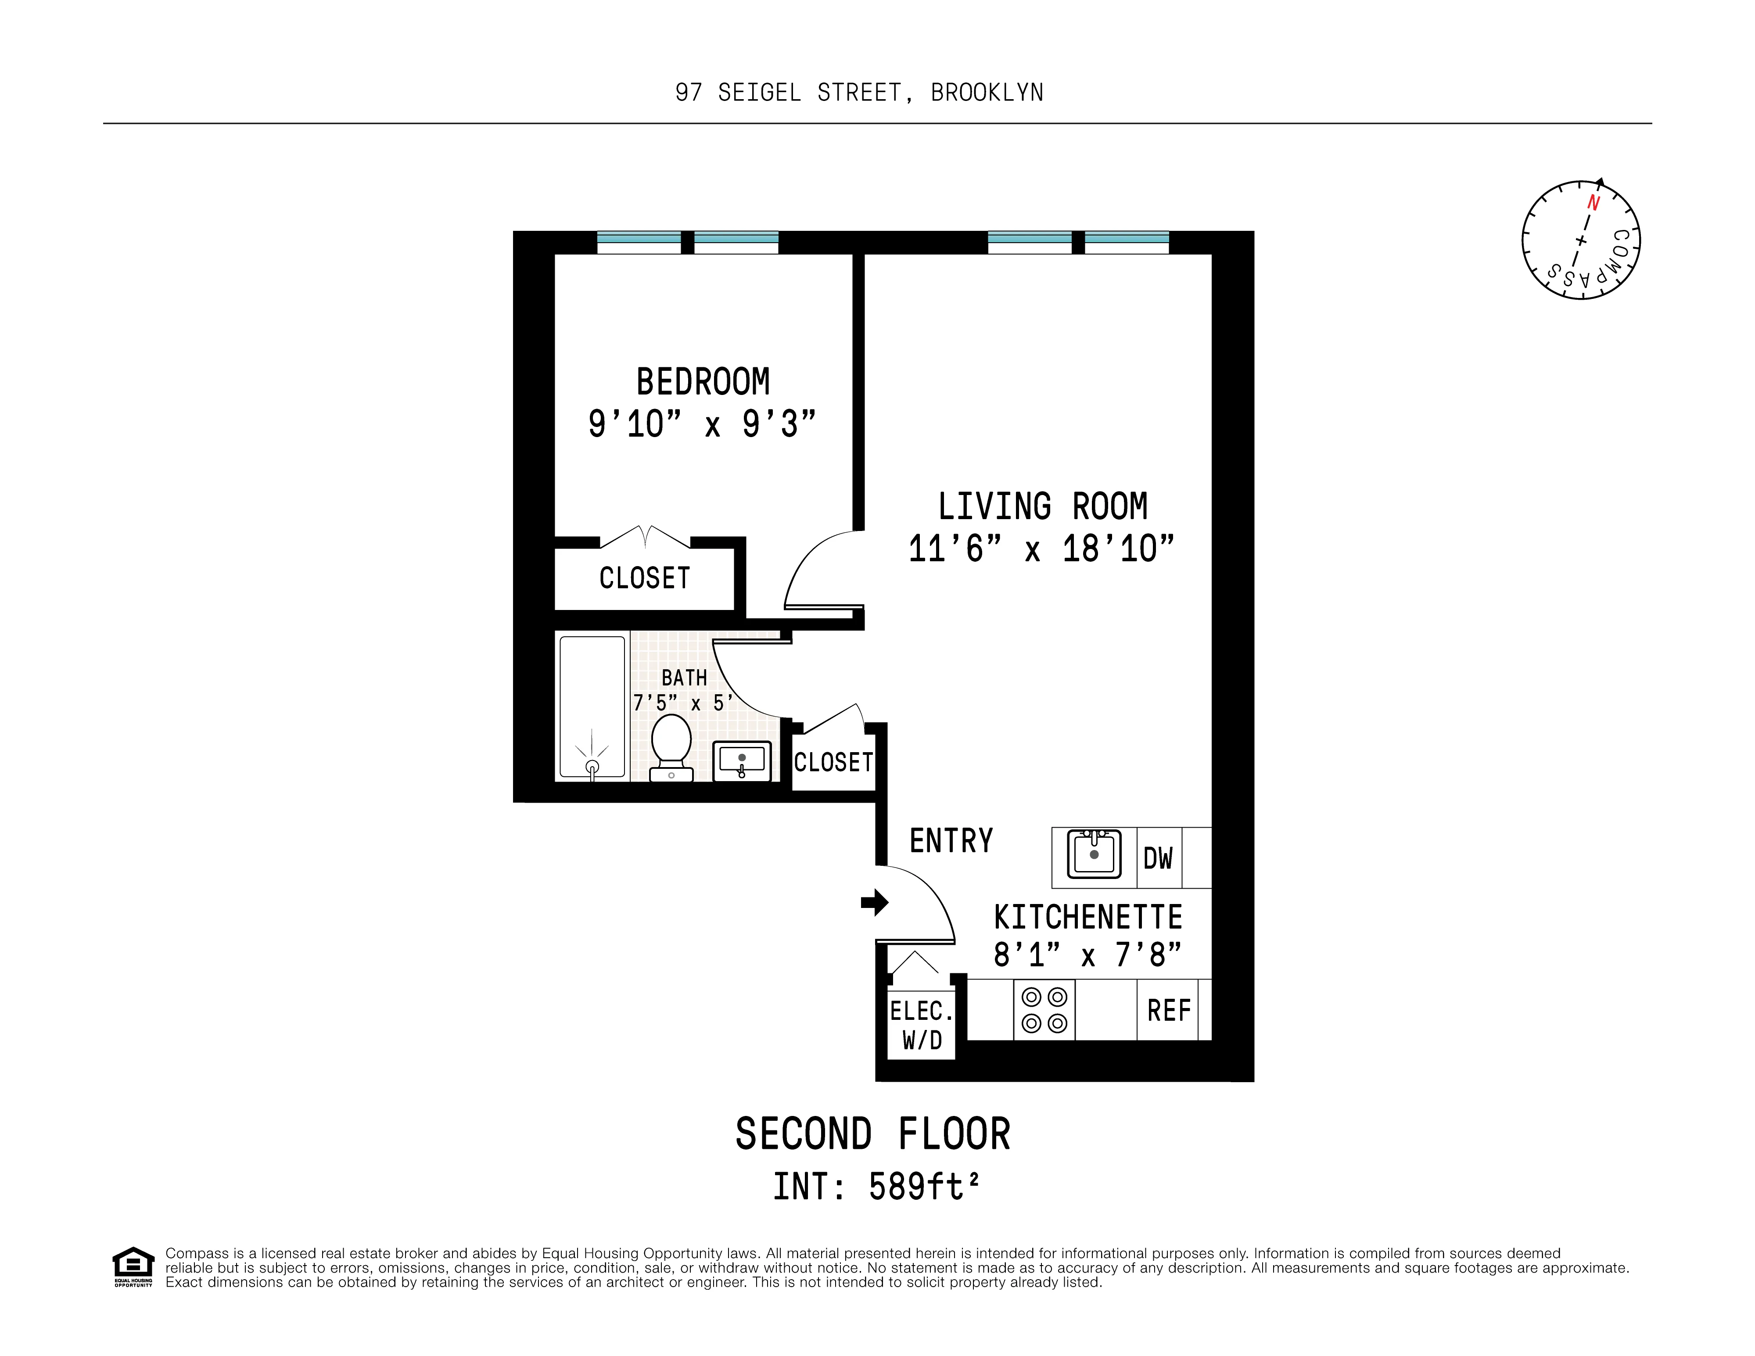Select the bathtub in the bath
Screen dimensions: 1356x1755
tap(592, 707)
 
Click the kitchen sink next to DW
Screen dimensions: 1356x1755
tap(1094, 855)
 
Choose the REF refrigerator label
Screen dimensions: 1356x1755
tap(1168, 1011)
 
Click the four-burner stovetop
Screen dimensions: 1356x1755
tap(1044, 1010)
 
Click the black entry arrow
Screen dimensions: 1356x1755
tap(874, 902)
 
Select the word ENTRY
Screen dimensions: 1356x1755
tap(951, 841)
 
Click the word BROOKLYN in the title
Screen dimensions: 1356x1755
tap(987, 93)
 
